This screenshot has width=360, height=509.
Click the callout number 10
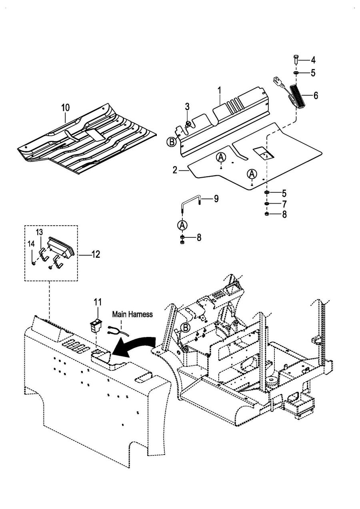pos(65,107)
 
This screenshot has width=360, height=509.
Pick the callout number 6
pos(316,96)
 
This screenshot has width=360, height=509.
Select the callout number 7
pos(284,204)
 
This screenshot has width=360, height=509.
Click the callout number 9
pos(216,198)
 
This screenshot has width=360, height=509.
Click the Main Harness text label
pos(132,315)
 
